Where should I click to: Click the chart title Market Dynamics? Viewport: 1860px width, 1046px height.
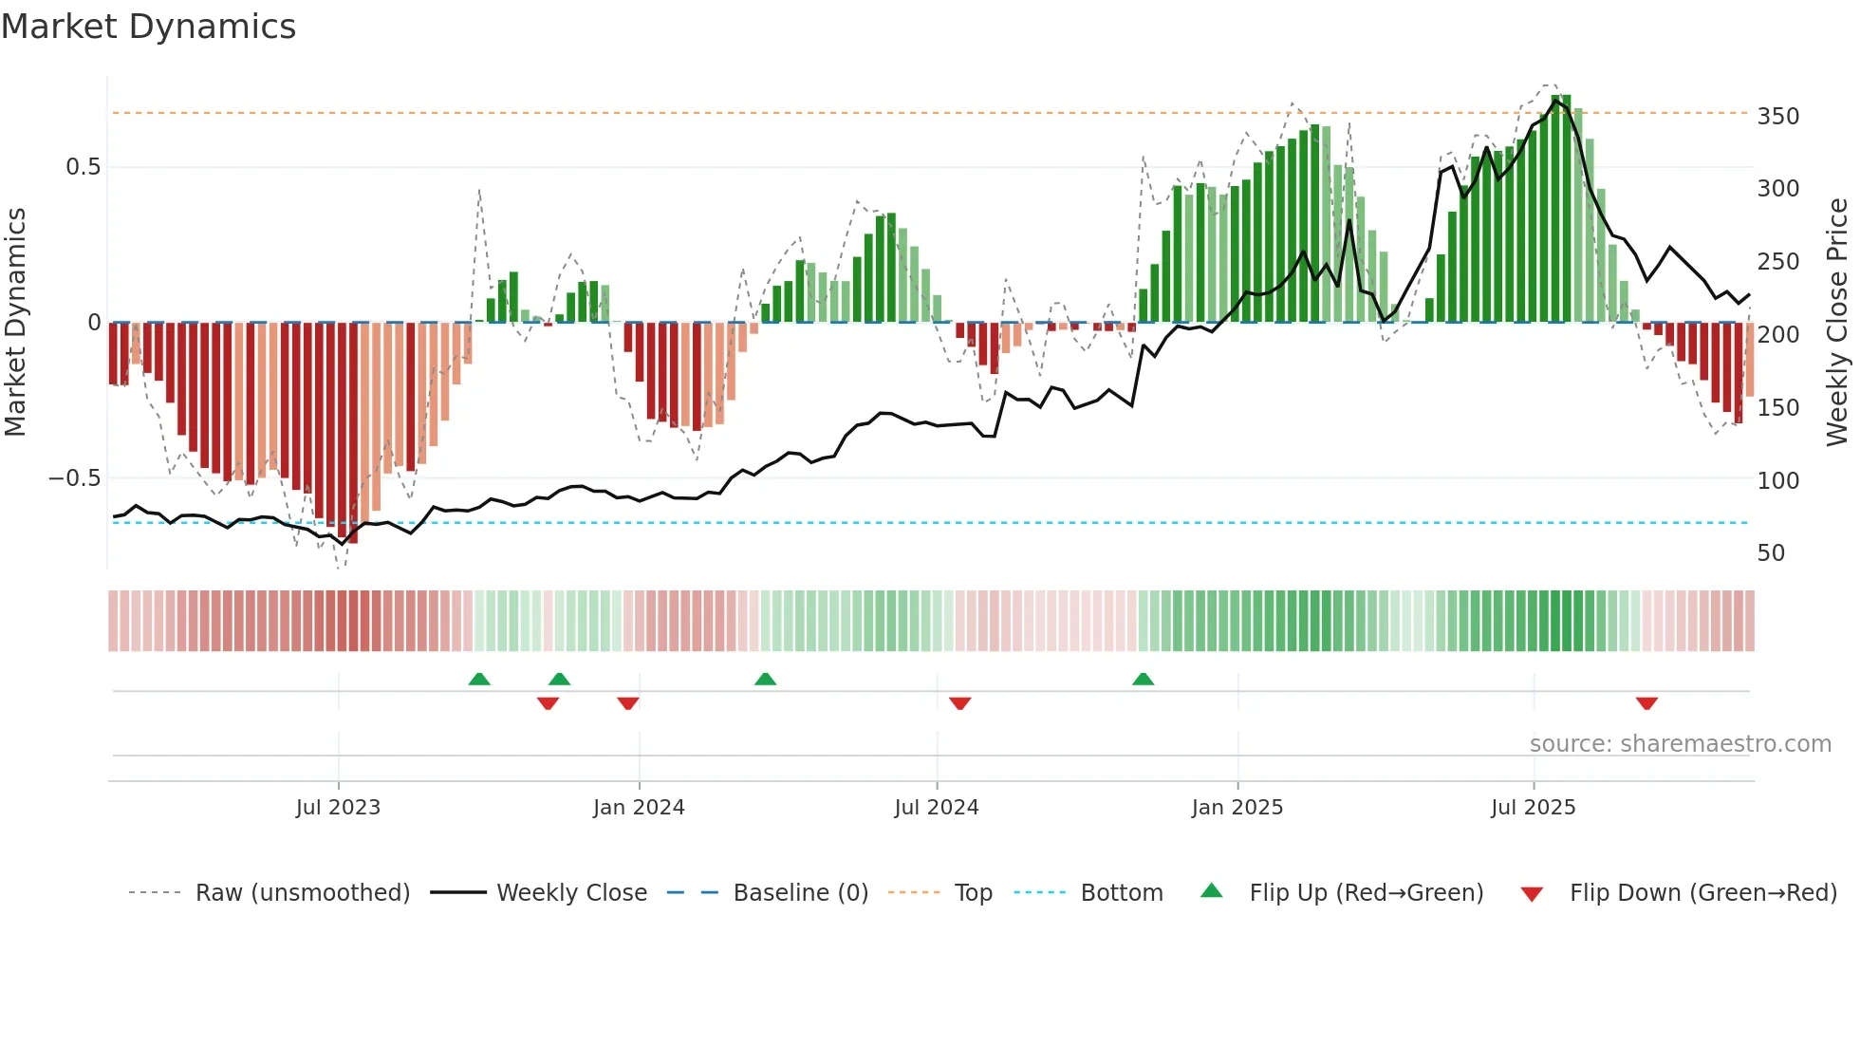[148, 27]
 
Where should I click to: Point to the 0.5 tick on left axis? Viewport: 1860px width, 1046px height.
[84, 167]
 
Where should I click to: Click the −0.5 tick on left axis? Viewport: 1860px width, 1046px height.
[75, 478]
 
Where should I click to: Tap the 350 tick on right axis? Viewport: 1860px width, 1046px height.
[1777, 117]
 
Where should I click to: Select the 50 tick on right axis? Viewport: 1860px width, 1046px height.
[1771, 553]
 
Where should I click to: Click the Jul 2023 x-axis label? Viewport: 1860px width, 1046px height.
[338, 808]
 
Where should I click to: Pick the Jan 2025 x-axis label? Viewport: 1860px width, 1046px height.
[1237, 808]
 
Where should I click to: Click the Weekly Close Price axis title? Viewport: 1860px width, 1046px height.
[1838, 323]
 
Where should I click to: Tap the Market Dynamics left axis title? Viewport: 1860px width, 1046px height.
[15, 323]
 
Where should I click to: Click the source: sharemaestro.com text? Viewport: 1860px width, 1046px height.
[1680, 744]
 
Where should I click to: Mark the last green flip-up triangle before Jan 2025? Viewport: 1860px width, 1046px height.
[1143, 680]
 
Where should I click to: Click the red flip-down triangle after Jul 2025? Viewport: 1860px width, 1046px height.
[1646, 703]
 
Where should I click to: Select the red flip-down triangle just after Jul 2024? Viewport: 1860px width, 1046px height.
[959, 703]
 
